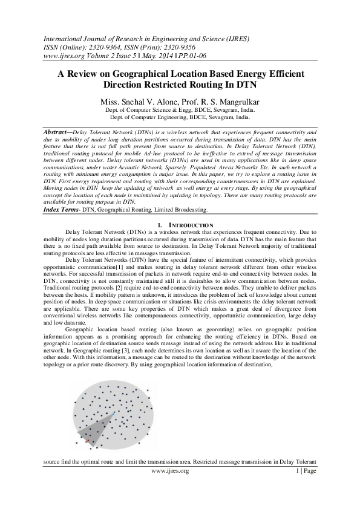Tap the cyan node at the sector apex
click(x=113, y=413)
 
